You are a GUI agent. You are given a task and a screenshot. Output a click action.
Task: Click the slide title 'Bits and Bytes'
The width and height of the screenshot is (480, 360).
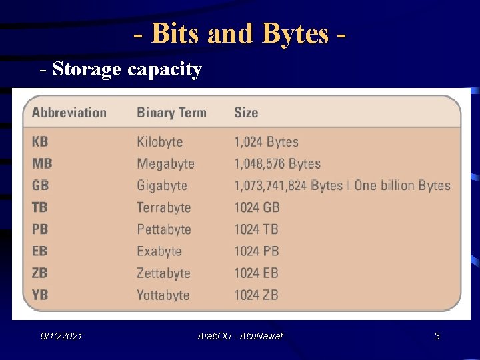click(240, 33)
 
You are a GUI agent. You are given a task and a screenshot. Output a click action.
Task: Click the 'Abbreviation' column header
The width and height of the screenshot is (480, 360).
click(69, 113)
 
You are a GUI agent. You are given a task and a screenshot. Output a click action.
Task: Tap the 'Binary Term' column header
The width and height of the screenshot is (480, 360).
click(171, 113)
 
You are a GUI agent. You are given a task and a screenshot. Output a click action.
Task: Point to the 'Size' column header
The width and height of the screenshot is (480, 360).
click(246, 113)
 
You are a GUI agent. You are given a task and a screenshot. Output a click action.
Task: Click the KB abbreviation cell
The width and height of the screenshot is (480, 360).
click(40, 142)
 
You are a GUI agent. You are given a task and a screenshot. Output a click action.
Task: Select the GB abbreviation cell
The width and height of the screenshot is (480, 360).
click(40, 185)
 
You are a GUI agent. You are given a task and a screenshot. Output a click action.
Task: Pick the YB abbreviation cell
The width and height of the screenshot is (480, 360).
click(40, 295)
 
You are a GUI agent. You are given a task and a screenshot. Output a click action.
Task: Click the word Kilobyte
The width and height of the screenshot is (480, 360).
click(159, 142)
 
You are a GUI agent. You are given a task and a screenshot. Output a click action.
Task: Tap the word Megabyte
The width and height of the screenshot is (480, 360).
click(165, 164)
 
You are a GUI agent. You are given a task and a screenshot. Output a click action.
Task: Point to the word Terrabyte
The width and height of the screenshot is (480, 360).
click(163, 207)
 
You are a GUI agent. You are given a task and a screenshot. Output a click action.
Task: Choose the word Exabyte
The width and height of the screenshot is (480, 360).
click(159, 251)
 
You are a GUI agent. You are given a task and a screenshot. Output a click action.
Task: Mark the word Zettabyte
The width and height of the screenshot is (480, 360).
click(163, 273)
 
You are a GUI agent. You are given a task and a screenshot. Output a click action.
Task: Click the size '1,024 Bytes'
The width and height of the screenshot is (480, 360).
click(266, 142)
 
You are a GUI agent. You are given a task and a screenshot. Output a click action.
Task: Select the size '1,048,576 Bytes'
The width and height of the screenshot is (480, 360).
click(277, 164)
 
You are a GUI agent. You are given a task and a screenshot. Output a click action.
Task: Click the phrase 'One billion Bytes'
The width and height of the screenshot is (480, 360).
click(402, 186)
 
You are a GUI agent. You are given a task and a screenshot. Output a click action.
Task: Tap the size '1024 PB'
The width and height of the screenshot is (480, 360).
click(256, 251)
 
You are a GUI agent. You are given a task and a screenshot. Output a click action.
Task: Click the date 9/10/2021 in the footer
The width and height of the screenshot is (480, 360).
click(61, 337)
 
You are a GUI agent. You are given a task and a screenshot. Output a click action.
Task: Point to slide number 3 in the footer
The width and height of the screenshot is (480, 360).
click(437, 337)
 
